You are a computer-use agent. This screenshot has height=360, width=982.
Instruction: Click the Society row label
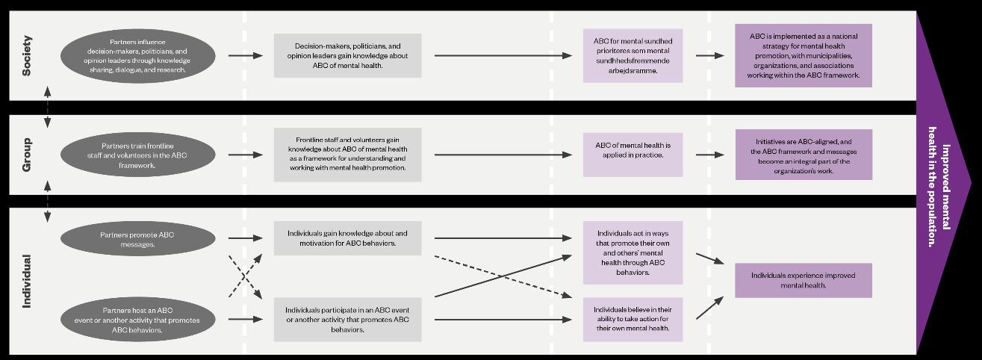pos(27,55)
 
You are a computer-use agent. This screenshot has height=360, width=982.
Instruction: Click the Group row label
pos(27,155)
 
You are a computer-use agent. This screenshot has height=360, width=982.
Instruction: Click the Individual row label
pos(27,281)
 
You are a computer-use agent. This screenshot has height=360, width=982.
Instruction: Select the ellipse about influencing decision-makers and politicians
pos(137,55)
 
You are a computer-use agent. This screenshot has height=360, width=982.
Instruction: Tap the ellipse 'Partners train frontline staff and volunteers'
pos(137,155)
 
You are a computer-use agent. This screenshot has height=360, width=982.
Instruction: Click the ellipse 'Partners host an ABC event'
pos(137,320)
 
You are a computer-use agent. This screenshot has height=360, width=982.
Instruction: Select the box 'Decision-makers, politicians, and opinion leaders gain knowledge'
pos(347,55)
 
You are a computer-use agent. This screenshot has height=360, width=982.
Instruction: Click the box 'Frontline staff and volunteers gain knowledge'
pos(347,155)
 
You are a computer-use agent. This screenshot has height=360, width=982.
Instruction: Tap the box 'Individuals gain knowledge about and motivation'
pos(347,238)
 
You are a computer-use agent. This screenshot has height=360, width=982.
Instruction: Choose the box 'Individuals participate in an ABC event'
pos(347,320)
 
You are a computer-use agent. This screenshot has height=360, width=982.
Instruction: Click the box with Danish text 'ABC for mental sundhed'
pos(633,55)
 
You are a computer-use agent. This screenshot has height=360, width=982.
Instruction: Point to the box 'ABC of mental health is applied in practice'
pos(633,155)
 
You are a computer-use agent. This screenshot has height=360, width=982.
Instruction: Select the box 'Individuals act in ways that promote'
pos(633,252)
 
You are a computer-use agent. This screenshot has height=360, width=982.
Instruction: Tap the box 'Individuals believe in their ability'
pos(633,319)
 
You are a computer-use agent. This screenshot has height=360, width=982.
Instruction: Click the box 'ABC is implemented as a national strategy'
pos(803,55)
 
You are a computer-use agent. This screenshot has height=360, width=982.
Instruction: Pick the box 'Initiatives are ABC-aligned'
pos(803,155)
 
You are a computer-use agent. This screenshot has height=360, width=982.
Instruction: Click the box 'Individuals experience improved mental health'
pos(803,280)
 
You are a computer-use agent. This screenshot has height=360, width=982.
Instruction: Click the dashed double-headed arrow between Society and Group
pos(48,107)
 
